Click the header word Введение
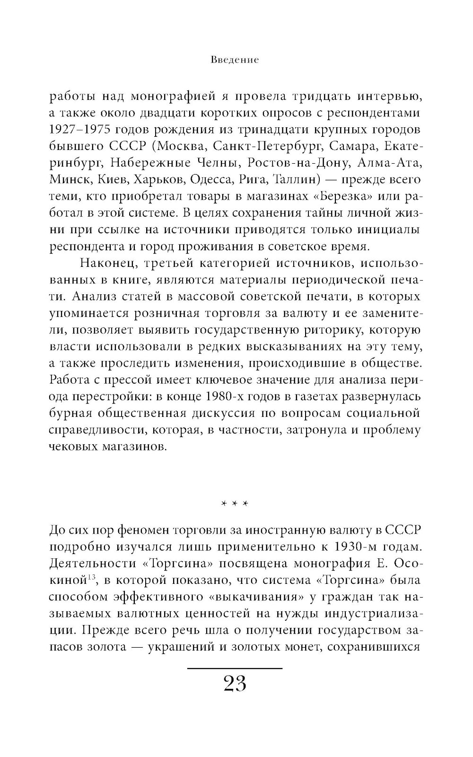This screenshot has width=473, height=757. pos(235,61)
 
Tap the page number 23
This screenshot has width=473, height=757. pos(235,684)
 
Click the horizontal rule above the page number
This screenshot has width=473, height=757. pos(235,668)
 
